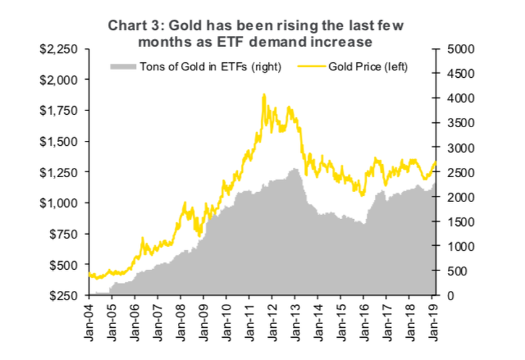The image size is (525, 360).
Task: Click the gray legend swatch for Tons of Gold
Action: (124, 67)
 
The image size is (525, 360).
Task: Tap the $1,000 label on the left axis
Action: (62, 203)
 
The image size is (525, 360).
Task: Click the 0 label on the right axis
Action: (450, 296)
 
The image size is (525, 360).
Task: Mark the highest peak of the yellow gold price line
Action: (264, 94)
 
